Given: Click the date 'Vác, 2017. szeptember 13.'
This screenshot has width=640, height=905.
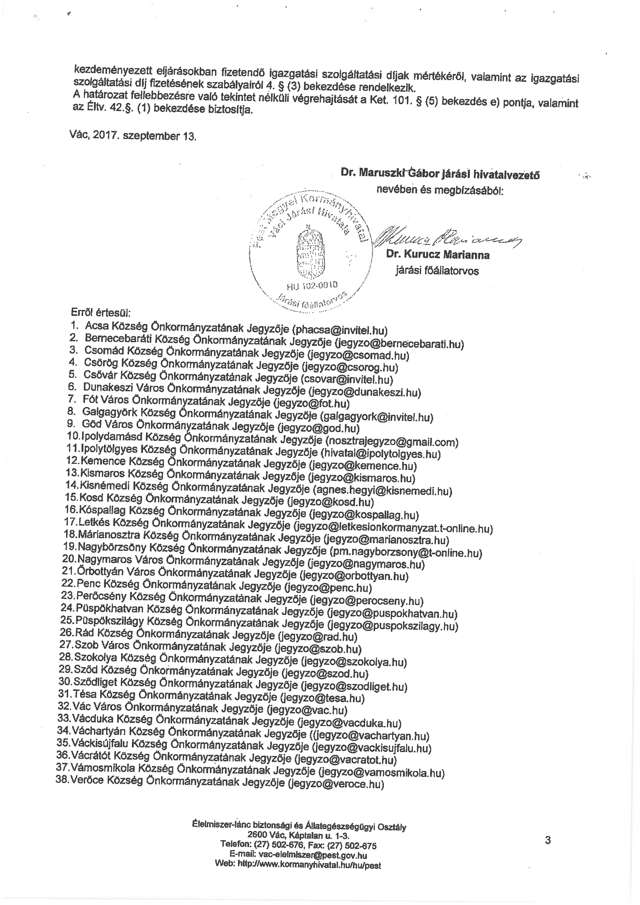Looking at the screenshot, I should click(x=132, y=136).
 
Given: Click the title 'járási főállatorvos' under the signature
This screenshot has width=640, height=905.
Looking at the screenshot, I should click(x=437, y=271).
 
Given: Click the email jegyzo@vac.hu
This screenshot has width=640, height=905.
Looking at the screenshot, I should click(x=307, y=710).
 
